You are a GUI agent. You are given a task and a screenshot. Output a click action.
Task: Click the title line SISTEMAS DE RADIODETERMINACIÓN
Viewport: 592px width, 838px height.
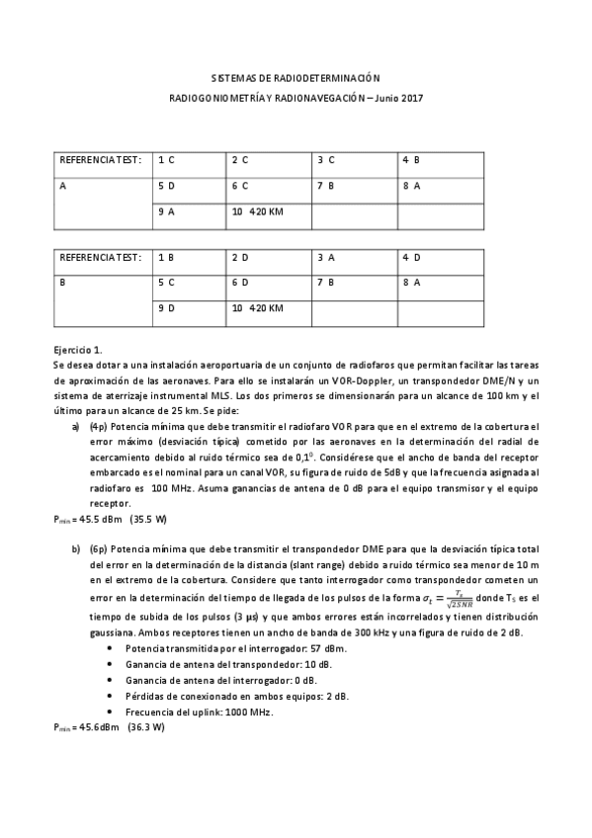296,77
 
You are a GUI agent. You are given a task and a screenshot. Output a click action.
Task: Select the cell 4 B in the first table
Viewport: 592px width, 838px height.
411,159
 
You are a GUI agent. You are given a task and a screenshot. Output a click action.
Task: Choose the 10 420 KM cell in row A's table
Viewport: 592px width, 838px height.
257,211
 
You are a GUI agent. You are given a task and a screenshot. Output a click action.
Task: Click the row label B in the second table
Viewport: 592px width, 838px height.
63,283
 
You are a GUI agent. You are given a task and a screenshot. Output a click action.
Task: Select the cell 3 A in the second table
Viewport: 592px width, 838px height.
326,257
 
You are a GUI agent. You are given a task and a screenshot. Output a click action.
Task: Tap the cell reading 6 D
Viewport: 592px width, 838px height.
240,283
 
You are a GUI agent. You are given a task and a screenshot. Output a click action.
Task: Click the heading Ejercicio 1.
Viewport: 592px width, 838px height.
78,350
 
